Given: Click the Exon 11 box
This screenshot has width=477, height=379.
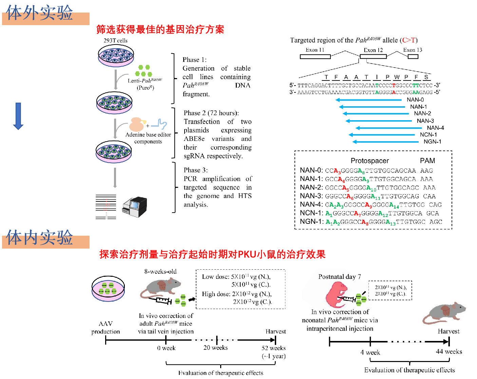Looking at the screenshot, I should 315,56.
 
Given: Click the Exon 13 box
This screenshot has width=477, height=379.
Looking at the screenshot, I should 413,56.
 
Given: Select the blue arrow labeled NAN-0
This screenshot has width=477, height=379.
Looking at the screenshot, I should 370,100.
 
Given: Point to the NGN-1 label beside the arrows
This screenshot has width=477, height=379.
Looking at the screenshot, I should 432,142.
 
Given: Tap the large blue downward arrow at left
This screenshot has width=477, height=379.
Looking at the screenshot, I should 18,116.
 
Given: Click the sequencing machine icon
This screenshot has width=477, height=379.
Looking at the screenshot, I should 135,207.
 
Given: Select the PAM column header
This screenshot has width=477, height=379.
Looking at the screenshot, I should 427,161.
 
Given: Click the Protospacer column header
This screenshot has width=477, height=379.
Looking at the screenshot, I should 369,161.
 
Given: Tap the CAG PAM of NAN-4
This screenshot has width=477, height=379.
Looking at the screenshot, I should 435,205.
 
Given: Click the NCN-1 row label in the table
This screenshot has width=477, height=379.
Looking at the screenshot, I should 311,213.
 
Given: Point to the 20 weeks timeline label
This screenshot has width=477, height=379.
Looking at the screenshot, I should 215,348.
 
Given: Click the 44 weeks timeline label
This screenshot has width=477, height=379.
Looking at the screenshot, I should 449,351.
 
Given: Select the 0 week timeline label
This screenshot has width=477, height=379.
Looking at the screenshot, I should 166,348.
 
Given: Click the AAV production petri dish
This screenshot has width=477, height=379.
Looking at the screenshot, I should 108,288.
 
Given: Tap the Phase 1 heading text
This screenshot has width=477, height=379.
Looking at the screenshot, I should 194,60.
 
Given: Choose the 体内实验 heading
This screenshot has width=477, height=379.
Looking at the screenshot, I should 39,237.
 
